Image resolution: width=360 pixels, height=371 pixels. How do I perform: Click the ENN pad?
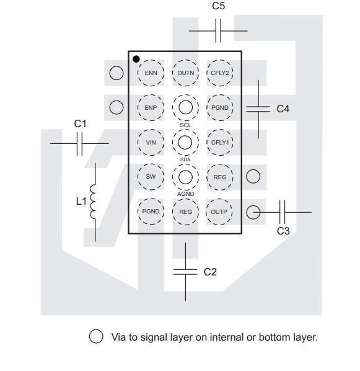(x=151, y=73)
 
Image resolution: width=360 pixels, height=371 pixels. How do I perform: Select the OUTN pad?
(x=185, y=73)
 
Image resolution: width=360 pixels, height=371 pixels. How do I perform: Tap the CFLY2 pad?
(x=220, y=73)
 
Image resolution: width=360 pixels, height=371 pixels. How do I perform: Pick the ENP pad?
(x=151, y=108)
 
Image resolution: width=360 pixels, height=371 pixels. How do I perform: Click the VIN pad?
(x=151, y=143)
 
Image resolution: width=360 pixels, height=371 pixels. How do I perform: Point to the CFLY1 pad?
(x=220, y=143)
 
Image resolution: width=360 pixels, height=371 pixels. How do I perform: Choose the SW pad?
(x=151, y=177)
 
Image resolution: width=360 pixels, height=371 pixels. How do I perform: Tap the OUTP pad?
(x=219, y=212)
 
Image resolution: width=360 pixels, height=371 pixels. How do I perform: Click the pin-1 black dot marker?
(x=136, y=59)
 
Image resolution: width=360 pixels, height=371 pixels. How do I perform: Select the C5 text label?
(x=218, y=6)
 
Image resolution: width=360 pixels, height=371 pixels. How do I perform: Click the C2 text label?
(x=210, y=272)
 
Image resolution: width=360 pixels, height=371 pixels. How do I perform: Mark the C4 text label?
(x=283, y=109)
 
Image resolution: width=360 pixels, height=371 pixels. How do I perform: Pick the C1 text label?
(x=80, y=123)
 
